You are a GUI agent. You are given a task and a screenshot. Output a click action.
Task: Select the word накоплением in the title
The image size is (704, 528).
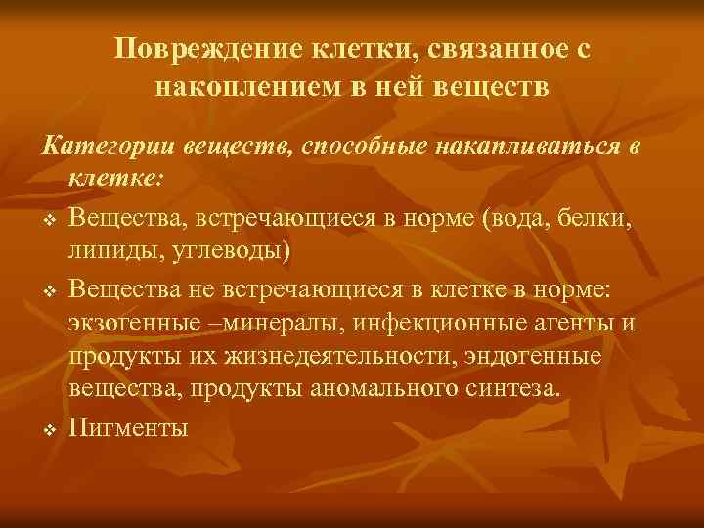pyautogui.click(x=244, y=86)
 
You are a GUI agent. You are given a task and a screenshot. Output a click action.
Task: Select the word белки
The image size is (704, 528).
pyautogui.click(x=598, y=214)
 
